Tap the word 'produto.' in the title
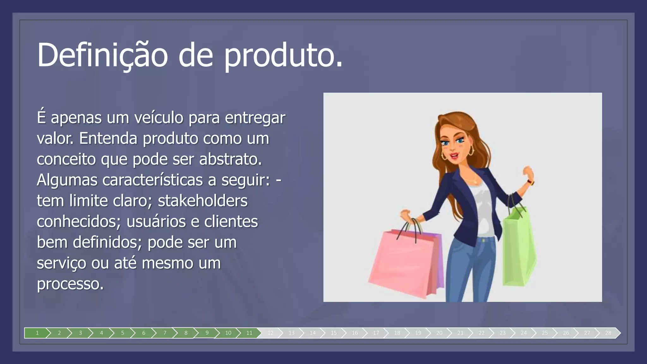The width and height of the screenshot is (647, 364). pos(283,55)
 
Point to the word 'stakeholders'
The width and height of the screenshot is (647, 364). pos(203,201)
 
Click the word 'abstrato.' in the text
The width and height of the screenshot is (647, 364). pos(230,159)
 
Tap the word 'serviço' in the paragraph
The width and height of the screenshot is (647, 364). pos(61,263)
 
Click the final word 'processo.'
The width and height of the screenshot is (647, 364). pos(70,284)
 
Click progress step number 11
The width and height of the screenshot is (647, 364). pos(249,333)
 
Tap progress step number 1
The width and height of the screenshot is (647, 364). pos(37,333)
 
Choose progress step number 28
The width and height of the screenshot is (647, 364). pos(608,333)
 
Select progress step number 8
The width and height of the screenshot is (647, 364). pos(186,333)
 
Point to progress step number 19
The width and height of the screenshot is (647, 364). pos(418,333)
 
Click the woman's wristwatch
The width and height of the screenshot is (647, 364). pos(531,182)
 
